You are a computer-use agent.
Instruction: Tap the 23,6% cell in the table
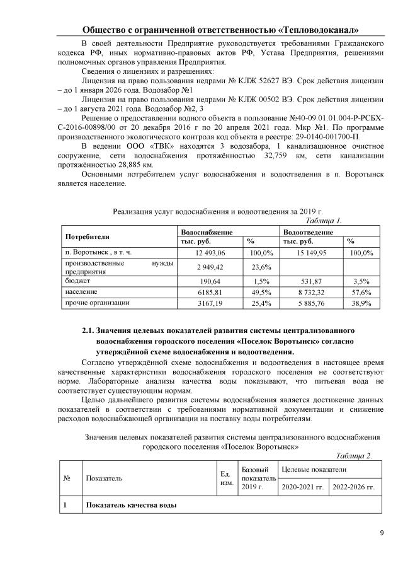pos(261,267)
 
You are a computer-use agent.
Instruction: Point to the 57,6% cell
pos(361,292)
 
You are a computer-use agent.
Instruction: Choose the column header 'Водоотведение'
pos(307,232)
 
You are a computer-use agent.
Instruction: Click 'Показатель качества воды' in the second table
pos(131,506)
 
